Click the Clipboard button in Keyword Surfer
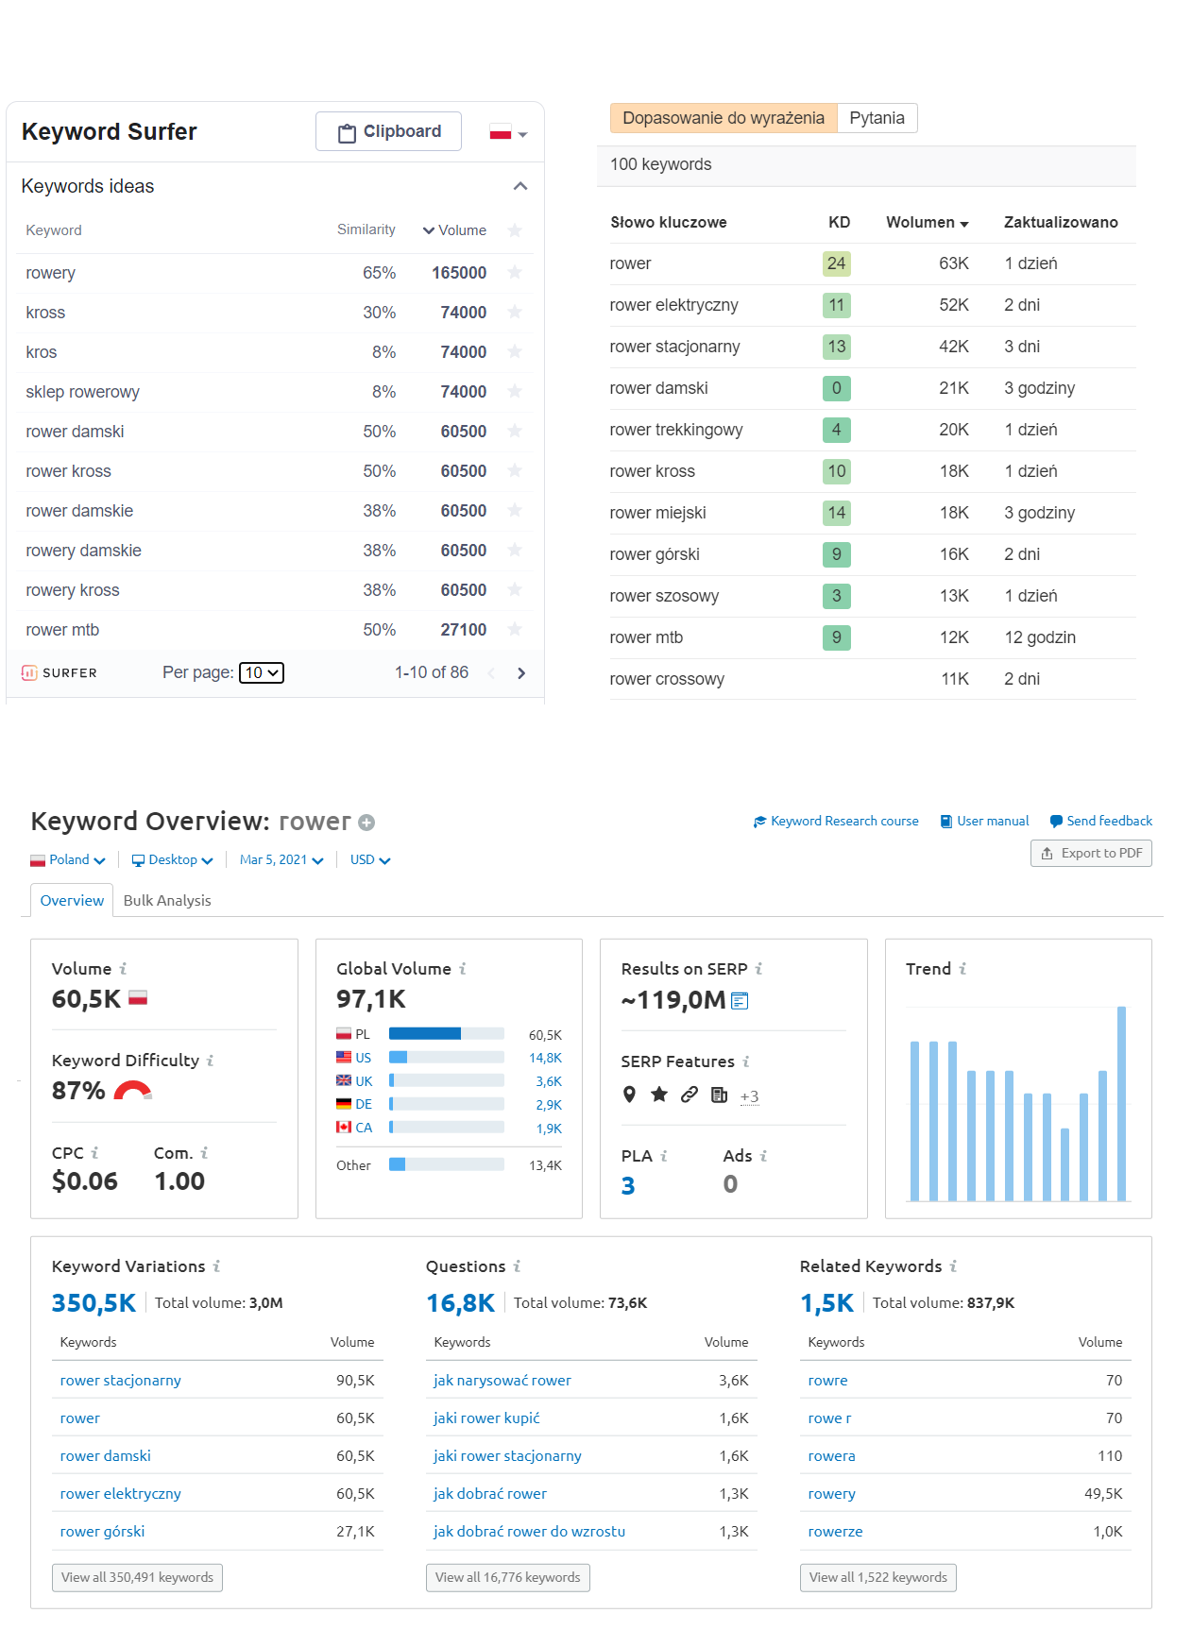pos(388,131)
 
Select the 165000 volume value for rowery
pos(459,273)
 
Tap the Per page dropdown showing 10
pos(262,672)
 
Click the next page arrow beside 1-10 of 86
pos(521,672)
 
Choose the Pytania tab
pos(877,118)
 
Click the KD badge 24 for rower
pos(837,263)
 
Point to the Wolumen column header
pos(927,222)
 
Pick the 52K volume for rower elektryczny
pos(954,305)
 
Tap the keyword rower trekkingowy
pos(676,430)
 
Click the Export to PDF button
pos(1091,853)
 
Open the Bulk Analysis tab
pos(167,900)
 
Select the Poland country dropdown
pos(68,859)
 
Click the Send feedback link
pos(1101,821)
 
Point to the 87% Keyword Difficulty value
pos(78,1091)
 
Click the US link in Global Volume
pos(364,1058)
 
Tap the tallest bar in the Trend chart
pos(1121,1103)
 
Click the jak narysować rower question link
pos(502,1380)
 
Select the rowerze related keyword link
pos(835,1531)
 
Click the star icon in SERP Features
pos(659,1095)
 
